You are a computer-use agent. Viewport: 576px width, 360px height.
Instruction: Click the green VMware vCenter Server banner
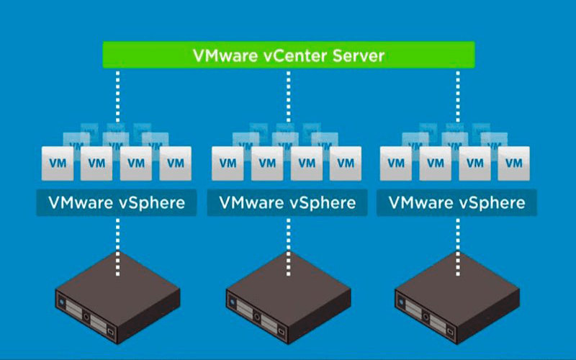click(x=288, y=55)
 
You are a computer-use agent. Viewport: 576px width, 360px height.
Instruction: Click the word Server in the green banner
click(x=356, y=55)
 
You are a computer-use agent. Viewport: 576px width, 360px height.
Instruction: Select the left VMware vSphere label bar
click(x=117, y=202)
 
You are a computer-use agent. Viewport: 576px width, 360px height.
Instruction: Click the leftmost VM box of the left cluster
click(x=57, y=163)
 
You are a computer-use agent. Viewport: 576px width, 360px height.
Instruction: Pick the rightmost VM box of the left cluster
click(x=175, y=163)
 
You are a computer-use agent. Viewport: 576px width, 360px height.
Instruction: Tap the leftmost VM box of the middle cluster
click(x=228, y=163)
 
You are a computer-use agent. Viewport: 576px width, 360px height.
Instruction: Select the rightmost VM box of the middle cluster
click(x=346, y=163)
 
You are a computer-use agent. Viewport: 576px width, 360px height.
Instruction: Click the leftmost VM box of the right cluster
click(x=396, y=163)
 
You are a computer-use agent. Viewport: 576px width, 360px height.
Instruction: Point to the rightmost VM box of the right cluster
click(x=514, y=163)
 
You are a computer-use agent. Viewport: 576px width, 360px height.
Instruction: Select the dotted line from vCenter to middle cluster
click(x=287, y=97)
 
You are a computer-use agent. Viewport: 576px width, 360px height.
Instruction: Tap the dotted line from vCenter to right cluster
click(x=457, y=97)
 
